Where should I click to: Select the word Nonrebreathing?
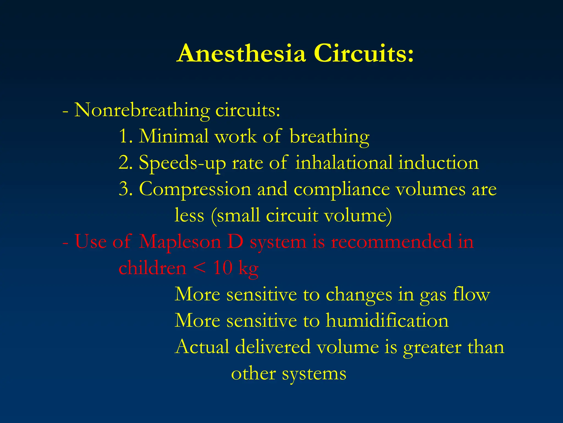[x=142, y=110]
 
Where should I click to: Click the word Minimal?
[x=173, y=136]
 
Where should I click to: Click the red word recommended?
[x=391, y=242]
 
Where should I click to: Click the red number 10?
[x=223, y=268]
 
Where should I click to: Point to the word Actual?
[x=202, y=347]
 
